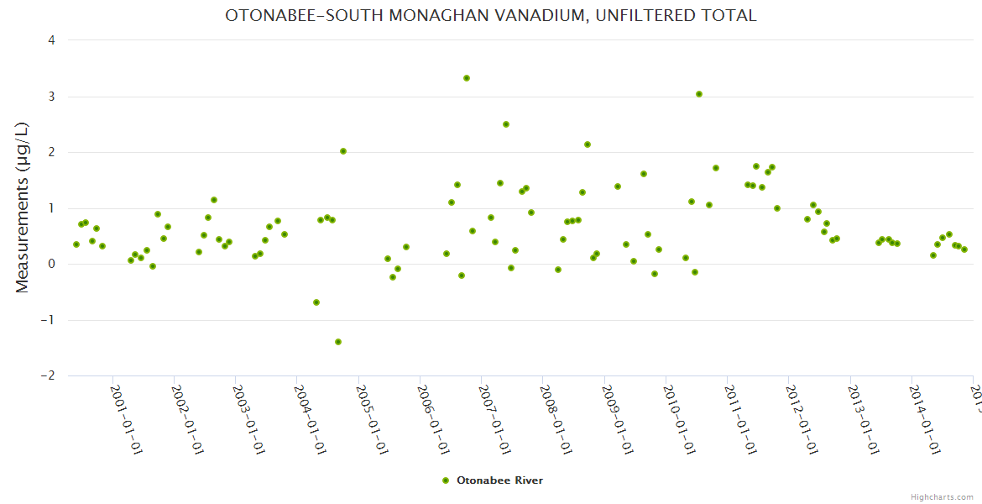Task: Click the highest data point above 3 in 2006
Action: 467,78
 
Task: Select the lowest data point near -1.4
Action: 338,342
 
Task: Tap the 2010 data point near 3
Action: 699,94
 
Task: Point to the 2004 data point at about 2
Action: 343,151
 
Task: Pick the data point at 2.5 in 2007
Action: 506,124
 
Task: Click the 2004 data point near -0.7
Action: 316,302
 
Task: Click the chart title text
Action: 490,16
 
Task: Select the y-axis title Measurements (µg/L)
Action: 23,207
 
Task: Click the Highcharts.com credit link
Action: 942,496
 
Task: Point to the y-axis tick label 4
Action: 51,40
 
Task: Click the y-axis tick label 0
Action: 51,264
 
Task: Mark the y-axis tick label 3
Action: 51,97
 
